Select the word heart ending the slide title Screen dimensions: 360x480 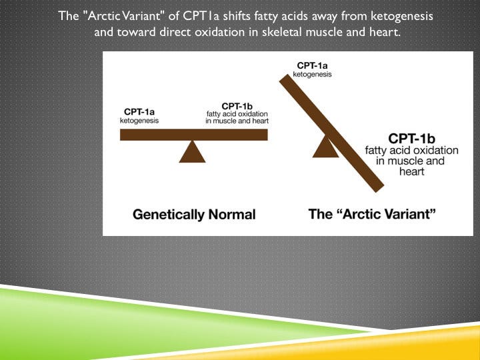pos(385,31)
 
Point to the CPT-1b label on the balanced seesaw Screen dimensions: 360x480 pos(237,106)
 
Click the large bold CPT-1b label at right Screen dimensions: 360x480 pos(413,138)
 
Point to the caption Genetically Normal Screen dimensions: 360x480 pos(194,215)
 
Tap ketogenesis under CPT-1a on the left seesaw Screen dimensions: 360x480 pos(140,121)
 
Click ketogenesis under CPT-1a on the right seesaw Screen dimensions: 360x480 pos(313,74)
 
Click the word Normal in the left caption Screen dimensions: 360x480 pos(233,215)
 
